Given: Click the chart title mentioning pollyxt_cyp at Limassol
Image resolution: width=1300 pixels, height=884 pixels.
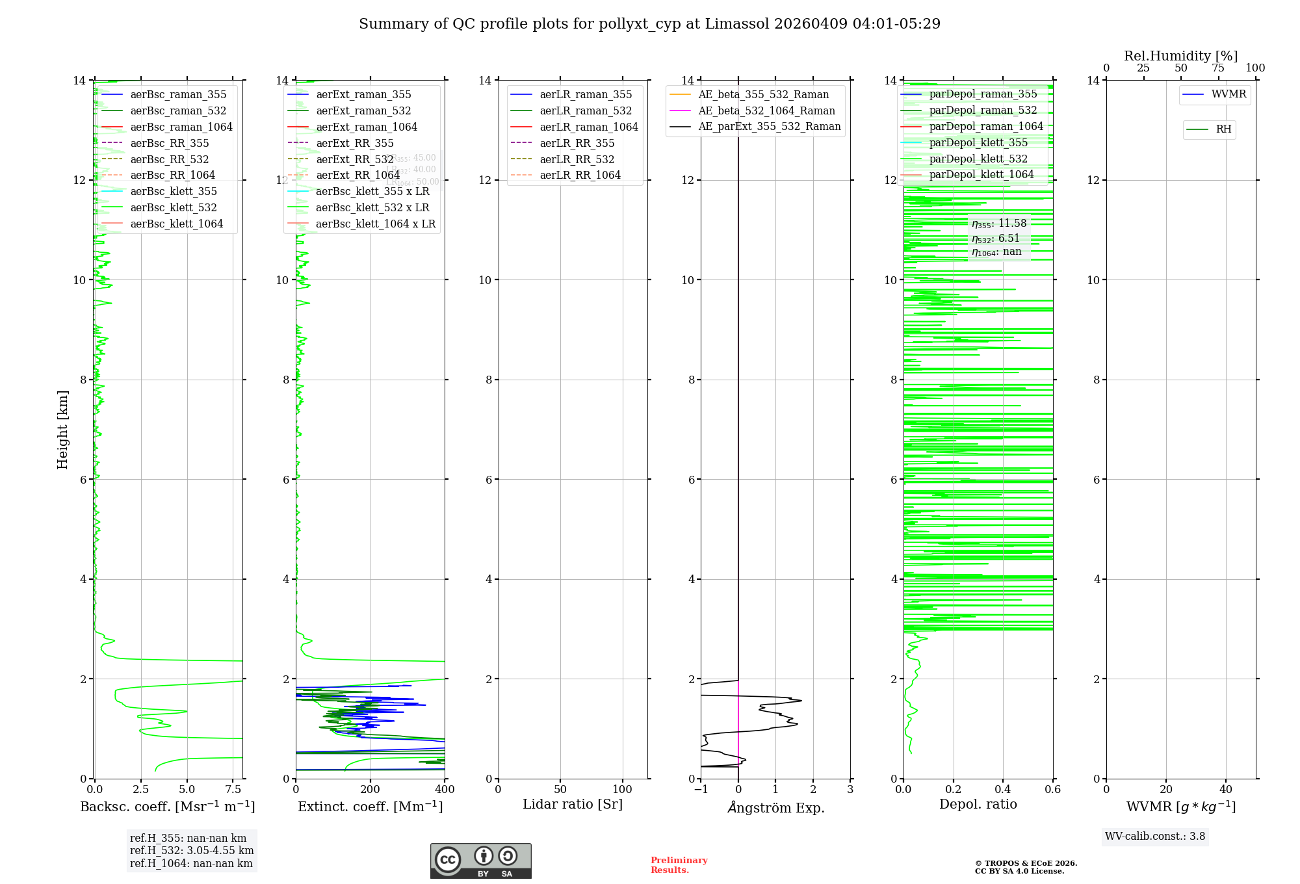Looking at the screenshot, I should point(649,24).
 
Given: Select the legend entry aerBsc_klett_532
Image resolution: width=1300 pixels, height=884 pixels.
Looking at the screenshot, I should point(173,207).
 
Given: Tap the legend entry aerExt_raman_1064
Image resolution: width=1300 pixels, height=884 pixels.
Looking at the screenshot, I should point(367,127).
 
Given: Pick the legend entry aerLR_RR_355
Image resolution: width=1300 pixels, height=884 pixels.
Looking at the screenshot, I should point(577,143).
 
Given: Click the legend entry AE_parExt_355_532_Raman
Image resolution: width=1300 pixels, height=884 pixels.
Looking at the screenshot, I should point(769,127).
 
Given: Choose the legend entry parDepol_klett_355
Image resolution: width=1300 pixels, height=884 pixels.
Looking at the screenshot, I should point(978,142).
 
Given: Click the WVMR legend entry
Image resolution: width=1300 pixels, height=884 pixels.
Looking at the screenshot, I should point(1228,94).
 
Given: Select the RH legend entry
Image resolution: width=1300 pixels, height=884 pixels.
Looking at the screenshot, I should point(1223,129).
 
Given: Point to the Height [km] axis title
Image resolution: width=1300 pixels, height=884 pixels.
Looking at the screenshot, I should point(62,429).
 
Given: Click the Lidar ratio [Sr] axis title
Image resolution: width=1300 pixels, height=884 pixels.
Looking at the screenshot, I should point(573,804).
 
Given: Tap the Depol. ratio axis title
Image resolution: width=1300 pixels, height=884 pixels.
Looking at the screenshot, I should point(978,804).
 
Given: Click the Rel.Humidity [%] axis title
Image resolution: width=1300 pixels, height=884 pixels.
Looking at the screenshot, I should point(1180,56).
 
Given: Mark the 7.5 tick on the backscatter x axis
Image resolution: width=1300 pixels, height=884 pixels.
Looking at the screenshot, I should point(233,790).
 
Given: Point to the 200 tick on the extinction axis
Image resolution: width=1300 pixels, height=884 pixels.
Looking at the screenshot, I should point(370,790).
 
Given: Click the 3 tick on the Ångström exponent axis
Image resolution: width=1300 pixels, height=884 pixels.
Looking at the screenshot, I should point(850,790).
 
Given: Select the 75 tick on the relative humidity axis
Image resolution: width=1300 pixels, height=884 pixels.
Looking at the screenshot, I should point(1218,68).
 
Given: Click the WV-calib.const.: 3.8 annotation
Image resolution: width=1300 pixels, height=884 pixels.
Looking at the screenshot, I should point(1155,837).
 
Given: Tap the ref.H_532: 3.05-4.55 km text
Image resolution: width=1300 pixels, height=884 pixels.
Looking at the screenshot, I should point(192,850).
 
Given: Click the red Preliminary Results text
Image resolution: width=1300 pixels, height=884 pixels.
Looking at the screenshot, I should point(679,865).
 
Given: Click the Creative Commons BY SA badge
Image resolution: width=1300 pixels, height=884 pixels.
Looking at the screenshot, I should point(480,861).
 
